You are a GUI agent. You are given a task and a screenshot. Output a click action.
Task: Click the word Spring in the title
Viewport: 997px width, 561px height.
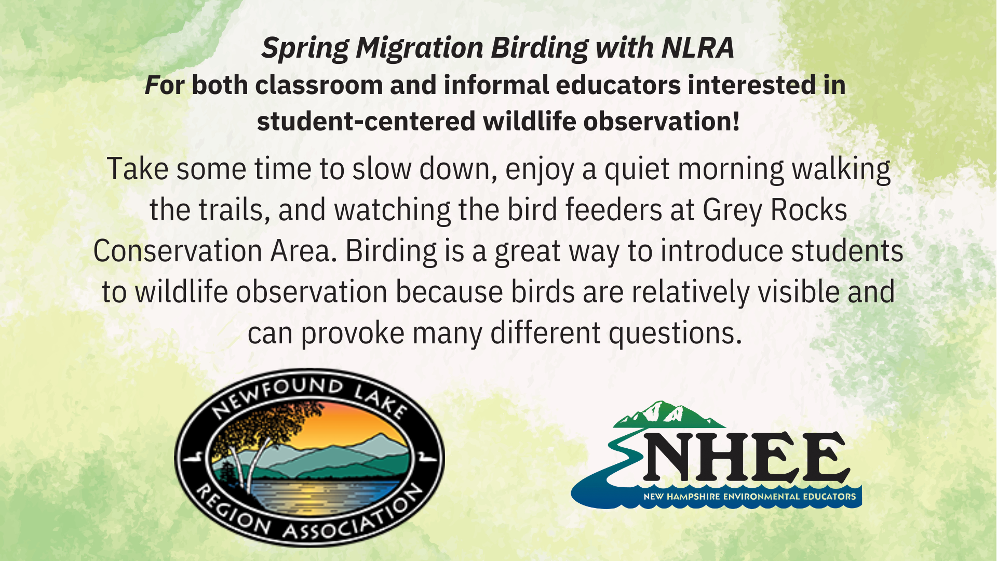(305, 48)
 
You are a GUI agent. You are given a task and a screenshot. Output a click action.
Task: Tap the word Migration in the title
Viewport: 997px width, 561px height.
(420, 48)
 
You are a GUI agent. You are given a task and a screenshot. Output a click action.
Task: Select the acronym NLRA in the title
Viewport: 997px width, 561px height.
(698, 48)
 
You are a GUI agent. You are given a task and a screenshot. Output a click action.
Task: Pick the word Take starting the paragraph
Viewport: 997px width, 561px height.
(138, 169)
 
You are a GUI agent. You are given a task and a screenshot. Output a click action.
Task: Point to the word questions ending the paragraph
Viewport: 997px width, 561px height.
(676, 333)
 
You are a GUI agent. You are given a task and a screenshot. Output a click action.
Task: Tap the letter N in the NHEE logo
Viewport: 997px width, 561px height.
(670, 456)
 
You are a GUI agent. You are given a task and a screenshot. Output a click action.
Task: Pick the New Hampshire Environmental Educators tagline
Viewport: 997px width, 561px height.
(749, 497)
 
